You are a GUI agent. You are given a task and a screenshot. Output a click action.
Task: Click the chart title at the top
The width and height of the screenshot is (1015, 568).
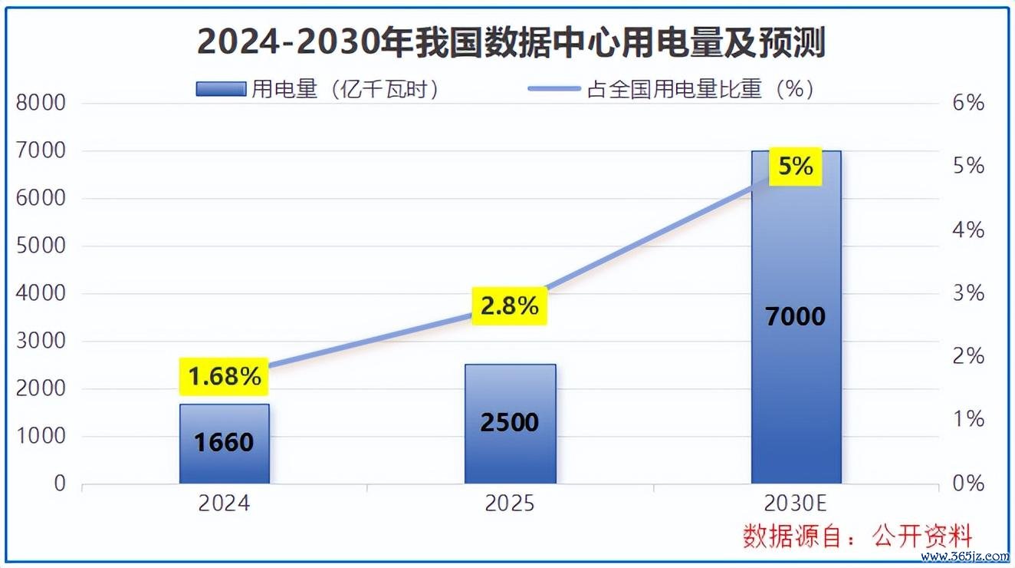point(511,43)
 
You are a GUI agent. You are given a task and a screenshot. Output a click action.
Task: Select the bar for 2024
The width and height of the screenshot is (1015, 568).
point(225,444)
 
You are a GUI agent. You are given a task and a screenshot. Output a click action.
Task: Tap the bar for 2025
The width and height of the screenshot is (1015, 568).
point(511,424)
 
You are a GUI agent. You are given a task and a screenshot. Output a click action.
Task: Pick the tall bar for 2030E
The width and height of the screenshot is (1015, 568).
point(797,317)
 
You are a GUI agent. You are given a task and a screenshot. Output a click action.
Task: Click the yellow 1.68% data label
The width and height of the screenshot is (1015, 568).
point(224,376)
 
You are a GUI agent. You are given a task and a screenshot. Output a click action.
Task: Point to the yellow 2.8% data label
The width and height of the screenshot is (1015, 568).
point(509,305)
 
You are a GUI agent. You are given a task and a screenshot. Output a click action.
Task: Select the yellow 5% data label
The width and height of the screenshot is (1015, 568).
point(796,166)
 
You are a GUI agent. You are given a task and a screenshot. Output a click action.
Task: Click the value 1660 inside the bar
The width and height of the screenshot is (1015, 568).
point(224,442)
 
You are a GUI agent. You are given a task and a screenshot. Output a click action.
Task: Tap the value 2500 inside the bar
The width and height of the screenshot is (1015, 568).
point(509,422)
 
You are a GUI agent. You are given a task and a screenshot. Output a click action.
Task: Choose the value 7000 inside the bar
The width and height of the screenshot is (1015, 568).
point(796,316)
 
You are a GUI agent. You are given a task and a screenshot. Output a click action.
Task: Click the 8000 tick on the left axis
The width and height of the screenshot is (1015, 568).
point(41,103)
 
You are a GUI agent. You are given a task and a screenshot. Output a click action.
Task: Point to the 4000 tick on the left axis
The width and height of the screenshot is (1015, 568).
point(41,293)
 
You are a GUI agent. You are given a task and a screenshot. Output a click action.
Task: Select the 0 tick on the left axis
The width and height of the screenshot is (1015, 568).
point(60,484)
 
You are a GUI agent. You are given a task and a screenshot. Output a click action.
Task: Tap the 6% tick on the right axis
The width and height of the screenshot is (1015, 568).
point(968,103)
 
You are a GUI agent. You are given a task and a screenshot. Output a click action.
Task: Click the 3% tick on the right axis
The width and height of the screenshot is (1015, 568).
point(968,293)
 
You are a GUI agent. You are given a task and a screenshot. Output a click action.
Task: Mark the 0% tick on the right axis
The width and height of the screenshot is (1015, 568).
point(968,484)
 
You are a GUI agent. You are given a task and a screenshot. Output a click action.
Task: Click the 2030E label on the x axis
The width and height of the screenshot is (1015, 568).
point(795,504)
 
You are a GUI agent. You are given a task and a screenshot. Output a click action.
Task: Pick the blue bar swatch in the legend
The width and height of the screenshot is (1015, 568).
point(221,89)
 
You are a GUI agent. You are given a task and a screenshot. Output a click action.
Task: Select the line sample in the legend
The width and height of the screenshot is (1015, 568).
point(554,89)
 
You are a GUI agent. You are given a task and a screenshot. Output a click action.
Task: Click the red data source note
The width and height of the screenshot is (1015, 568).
point(857,537)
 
